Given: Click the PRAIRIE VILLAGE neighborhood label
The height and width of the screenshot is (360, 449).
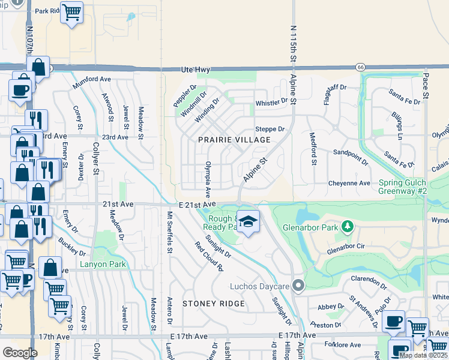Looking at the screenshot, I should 234,139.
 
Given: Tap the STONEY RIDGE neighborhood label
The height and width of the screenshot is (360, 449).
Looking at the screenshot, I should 214,304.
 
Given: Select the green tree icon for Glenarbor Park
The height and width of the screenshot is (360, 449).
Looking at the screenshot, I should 346,226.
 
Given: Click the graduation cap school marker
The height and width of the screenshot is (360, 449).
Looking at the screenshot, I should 247,222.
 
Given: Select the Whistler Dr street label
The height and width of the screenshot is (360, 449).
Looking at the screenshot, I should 271,103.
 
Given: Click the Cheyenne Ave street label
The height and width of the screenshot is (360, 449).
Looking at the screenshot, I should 349,183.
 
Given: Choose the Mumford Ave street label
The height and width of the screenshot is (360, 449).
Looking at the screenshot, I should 92,82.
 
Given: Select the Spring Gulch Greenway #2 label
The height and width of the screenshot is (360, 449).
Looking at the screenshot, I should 411,187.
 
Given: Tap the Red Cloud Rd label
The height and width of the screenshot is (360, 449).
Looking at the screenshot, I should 205,255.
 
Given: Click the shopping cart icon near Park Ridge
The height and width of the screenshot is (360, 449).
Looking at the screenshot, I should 72,13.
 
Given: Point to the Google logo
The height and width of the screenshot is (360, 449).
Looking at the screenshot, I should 20,353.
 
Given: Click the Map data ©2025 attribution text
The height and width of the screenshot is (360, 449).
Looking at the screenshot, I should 423,355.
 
